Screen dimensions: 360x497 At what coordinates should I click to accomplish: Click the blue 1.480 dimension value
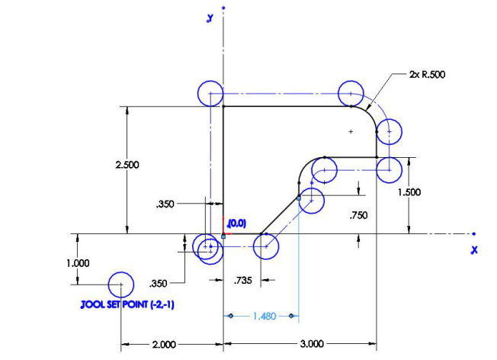[x=259, y=315]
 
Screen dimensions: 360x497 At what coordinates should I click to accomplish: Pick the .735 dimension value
[x=244, y=281]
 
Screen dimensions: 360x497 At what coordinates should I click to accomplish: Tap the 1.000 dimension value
[x=79, y=262]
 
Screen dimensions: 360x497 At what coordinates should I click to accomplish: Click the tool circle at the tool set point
[x=120, y=284]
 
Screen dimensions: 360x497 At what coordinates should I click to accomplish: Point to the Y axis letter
[x=209, y=18]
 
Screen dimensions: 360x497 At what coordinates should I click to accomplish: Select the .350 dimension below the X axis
[x=159, y=283]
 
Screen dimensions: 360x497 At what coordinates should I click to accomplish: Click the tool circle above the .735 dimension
[x=266, y=246]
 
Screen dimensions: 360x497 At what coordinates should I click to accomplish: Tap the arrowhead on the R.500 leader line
[x=368, y=106]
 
